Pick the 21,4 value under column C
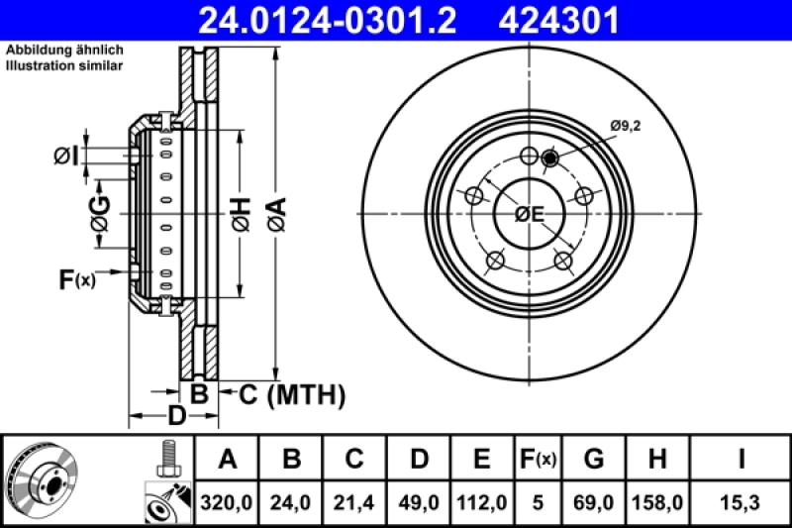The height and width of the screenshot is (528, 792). (354, 503)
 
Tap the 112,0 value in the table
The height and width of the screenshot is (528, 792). (481, 503)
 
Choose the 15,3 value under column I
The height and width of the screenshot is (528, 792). (740, 503)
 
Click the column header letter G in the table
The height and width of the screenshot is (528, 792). (594, 460)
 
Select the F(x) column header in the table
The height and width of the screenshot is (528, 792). (538, 460)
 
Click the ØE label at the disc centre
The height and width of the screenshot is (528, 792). (530, 212)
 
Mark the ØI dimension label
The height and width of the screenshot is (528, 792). (65, 155)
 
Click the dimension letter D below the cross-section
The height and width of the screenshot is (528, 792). (174, 415)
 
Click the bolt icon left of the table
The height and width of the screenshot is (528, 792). (166, 458)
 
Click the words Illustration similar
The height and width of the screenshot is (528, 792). (64, 66)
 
